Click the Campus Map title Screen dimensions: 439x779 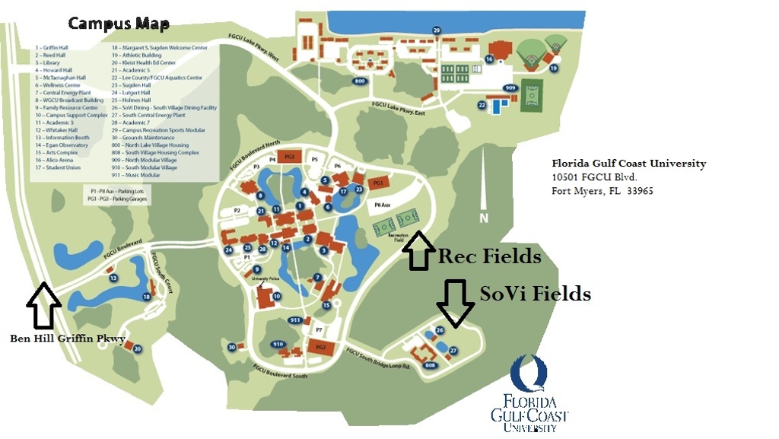click(119, 24)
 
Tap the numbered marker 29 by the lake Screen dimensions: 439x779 click(437, 30)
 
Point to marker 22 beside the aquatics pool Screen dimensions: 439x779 click(482, 105)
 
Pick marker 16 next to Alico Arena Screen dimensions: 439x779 click(489, 59)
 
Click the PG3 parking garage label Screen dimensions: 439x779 click(288, 157)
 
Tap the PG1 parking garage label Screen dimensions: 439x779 click(377, 183)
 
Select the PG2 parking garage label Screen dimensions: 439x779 click(320, 348)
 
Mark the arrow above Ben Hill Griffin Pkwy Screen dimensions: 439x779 click(43, 304)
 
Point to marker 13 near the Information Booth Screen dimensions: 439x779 click(113, 278)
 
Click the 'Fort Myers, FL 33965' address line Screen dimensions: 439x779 click(602, 191)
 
